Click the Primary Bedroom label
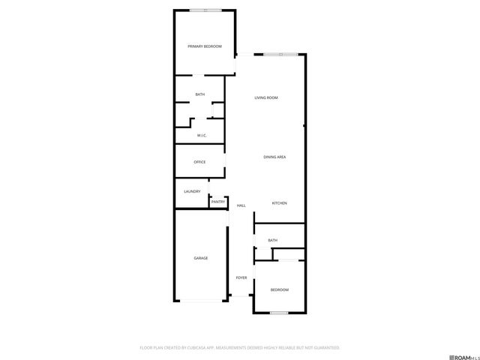coord(204,46)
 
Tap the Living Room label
coord(266,97)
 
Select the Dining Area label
coord(274,157)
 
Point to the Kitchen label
coord(279,203)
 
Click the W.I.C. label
coord(202,135)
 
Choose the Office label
coord(199,162)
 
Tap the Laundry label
coord(192,191)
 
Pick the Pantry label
coord(218,202)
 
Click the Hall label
coord(241,205)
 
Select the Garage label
coord(201,258)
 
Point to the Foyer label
coord(241,277)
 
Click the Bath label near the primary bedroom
coord(199,94)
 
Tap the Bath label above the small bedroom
coord(272,240)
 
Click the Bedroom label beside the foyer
coord(279,289)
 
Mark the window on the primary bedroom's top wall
coord(205,10)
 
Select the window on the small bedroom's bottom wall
coord(279,312)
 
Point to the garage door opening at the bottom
coord(201,301)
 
